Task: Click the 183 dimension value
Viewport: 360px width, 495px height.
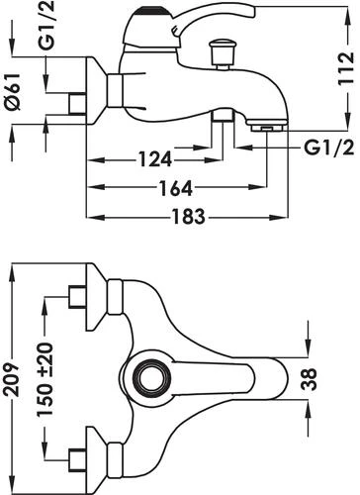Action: pos(188,217)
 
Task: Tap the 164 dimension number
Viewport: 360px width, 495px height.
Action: pos(176,188)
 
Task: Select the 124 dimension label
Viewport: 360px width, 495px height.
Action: pos(155,159)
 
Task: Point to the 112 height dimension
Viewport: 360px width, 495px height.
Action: pos(346,68)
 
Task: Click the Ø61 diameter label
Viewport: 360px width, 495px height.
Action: pos(13,92)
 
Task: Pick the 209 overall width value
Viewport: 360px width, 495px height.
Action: pos(13,379)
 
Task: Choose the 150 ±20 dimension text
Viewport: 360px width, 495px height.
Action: pos(45,380)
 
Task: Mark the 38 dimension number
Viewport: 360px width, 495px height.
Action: pos(310,379)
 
